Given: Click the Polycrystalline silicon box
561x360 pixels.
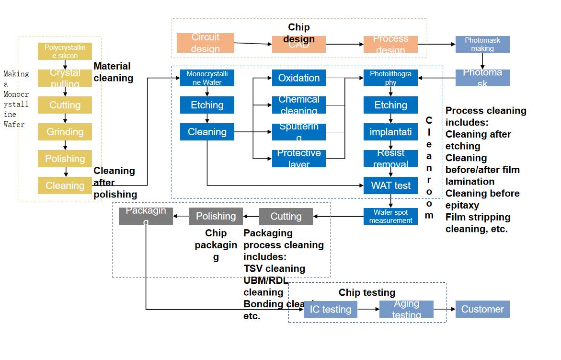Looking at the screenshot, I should coord(65,51).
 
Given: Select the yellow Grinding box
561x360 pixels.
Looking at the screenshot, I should coord(65,132).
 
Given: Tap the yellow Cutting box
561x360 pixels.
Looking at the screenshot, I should coord(65,105).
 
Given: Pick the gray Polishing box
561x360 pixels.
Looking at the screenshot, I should coord(216,216).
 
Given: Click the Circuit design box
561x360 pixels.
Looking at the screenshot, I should coord(205,43).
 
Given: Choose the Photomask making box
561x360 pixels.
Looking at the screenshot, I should coord(482,44).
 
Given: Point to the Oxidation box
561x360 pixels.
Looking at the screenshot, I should coord(298,78).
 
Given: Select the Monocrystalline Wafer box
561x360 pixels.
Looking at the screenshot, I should coord(207,78).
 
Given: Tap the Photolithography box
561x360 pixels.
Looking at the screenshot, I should coord(390,78).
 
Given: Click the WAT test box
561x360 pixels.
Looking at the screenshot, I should coord(390,186).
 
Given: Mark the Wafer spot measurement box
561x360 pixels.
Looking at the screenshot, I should coord(390,216).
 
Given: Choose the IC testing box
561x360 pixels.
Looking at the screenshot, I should coord(330,309).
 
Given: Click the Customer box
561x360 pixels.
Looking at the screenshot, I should coord(482,309).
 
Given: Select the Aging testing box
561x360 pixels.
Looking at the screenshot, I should coord(406,309).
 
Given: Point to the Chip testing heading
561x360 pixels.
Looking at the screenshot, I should coord(367,292).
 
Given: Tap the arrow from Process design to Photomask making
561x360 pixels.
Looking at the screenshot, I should coord(436,44).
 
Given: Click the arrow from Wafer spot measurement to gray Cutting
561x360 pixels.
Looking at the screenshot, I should coord(338,216).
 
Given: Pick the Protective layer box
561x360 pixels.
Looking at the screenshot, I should coord(298,159).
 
